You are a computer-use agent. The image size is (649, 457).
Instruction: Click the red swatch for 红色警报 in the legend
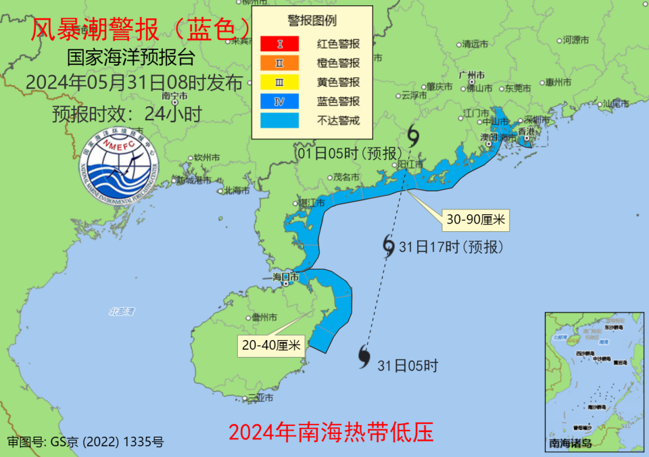(279, 44)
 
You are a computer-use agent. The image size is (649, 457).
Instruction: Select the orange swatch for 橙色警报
(279, 63)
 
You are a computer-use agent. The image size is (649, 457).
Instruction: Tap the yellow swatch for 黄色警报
(279, 82)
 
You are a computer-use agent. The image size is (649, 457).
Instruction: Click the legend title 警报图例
(312, 21)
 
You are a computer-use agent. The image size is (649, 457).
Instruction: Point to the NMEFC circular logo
(119, 165)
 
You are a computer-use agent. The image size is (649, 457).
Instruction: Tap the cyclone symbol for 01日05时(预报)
(413, 137)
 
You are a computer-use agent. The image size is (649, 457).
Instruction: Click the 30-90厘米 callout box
(476, 219)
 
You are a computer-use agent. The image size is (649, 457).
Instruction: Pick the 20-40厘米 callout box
(271, 345)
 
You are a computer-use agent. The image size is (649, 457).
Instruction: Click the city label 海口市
(285, 277)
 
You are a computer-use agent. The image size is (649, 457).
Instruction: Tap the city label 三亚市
(260, 398)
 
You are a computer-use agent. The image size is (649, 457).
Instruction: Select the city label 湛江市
(312, 202)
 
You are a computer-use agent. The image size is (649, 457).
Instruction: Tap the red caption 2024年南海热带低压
(331, 431)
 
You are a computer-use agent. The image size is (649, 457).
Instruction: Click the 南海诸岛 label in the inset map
(571, 443)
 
